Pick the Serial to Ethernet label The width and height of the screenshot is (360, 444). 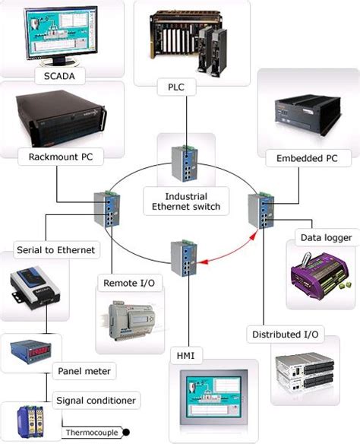coord(54,249)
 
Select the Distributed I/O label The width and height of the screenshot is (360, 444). coord(285,334)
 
